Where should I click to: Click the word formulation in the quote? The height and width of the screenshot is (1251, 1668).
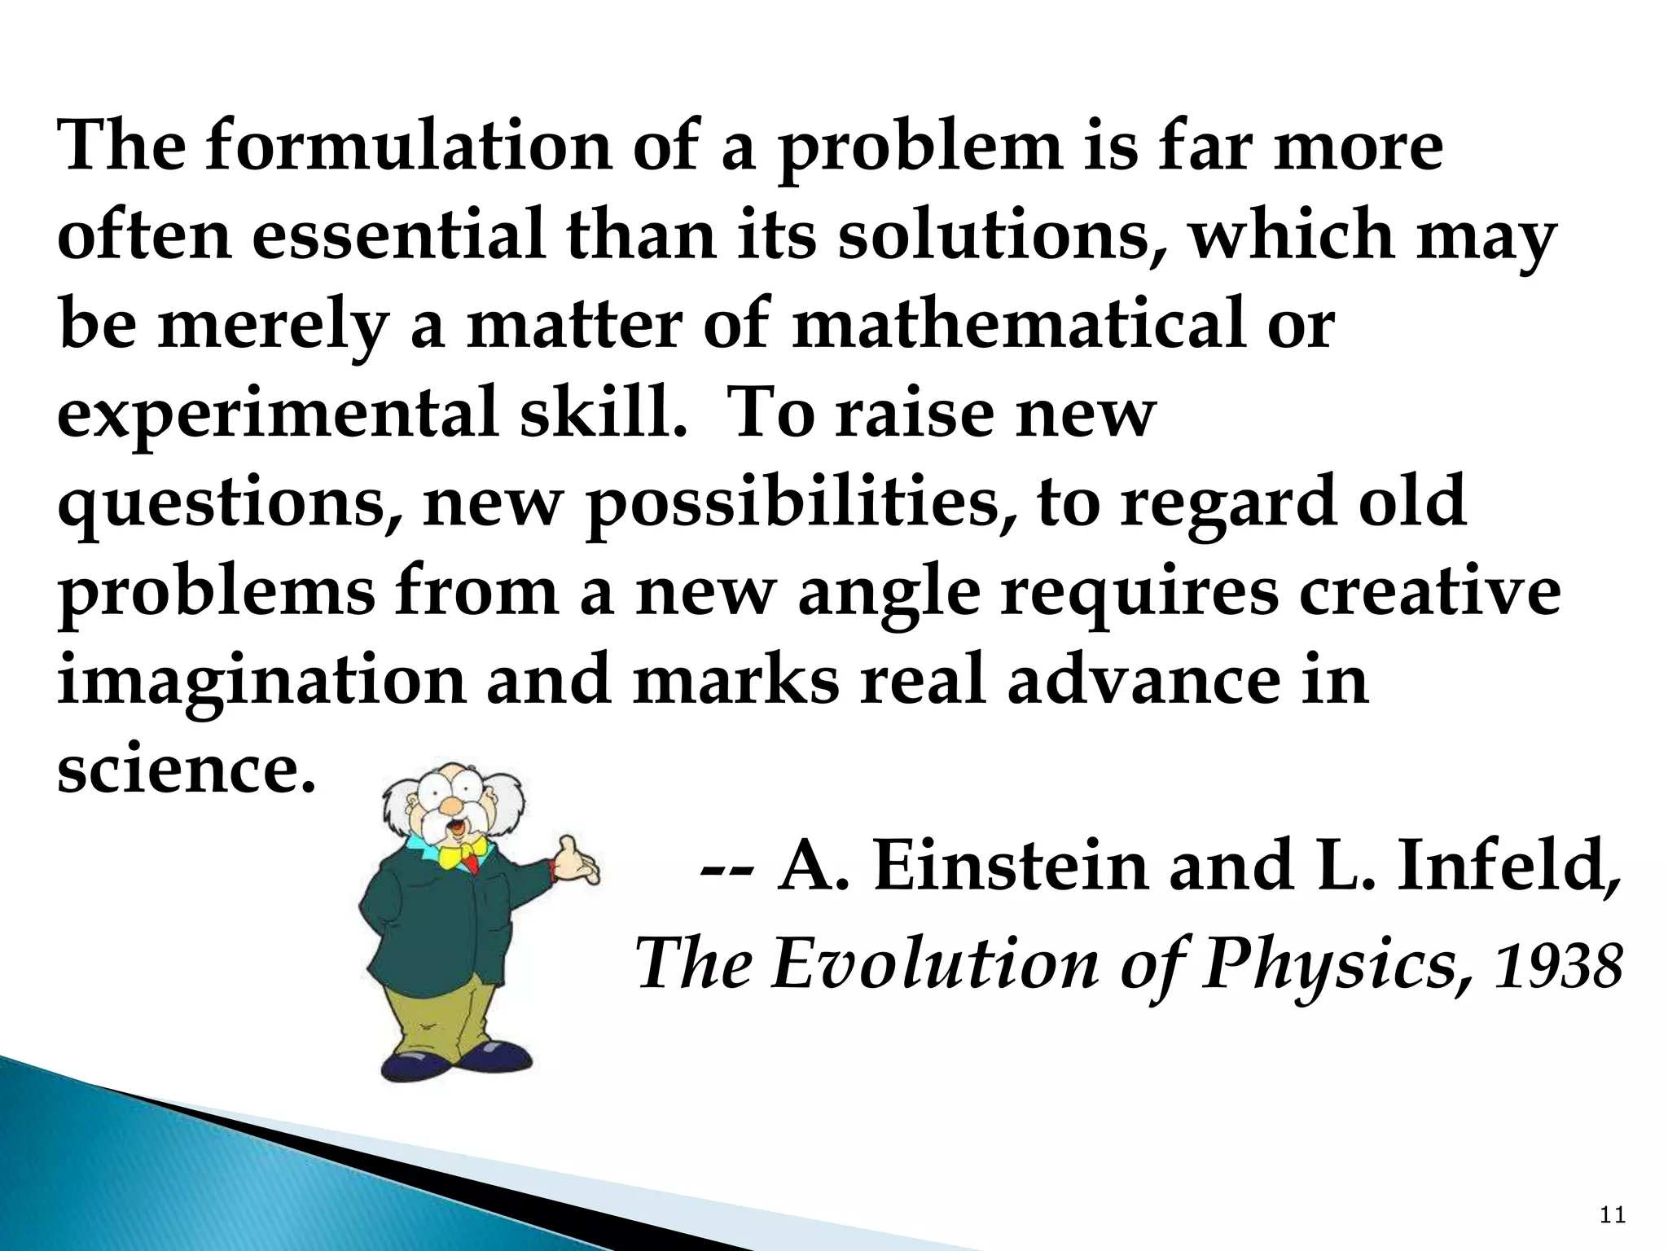[407, 147]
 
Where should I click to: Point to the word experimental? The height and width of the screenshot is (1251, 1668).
[277, 415]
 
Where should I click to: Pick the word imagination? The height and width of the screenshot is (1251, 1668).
[261, 680]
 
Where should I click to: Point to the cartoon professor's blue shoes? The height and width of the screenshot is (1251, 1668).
[456, 1064]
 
